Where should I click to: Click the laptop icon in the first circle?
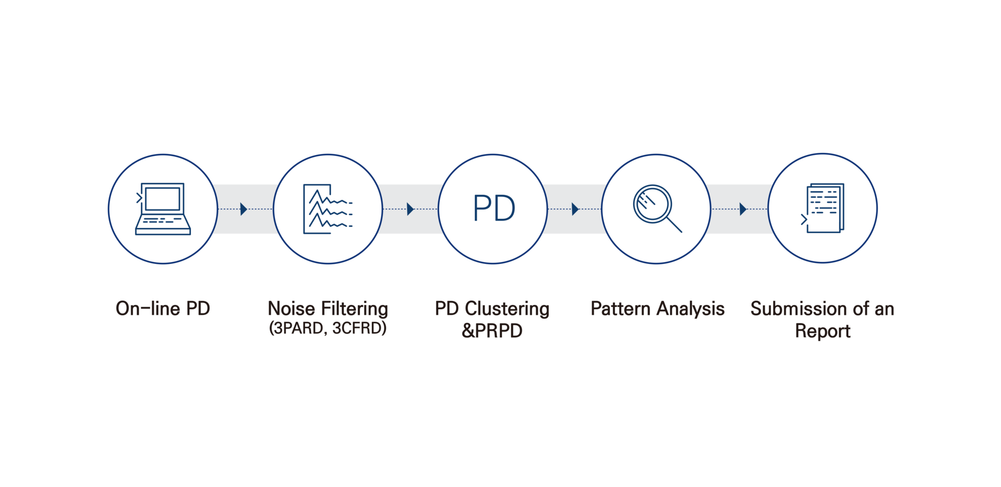(163, 209)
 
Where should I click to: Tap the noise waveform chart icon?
(328, 209)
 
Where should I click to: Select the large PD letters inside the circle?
(494, 208)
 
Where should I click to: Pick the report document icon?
(823, 208)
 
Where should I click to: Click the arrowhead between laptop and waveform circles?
(244, 209)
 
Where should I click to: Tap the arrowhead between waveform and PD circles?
(411, 209)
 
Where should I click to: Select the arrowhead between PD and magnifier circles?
(575, 209)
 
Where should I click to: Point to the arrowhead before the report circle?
(743, 209)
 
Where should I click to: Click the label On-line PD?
(163, 308)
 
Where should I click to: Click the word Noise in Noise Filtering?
(291, 308)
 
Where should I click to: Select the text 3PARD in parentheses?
(299, 328)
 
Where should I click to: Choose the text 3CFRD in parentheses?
(357, 328)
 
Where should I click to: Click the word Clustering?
(507, 309)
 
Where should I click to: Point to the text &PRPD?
(492, 331)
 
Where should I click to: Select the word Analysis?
(691, 309)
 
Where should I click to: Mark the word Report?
(823, 332)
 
